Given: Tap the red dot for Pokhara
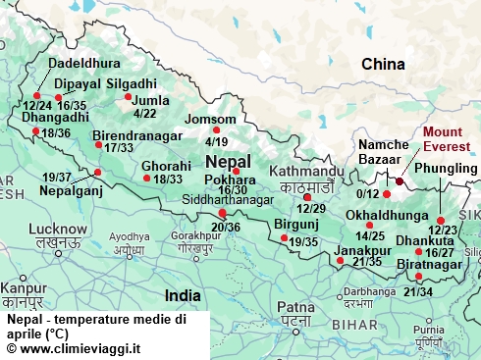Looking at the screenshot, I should pos(236,173).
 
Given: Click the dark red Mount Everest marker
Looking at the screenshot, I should pos(400,181).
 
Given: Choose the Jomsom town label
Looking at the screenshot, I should pos(211,119).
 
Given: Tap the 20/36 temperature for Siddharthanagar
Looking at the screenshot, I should pos(225,228).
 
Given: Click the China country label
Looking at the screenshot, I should pos(383,65).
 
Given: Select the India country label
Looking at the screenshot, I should pos(183,294).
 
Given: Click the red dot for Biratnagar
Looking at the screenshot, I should pos(419,276).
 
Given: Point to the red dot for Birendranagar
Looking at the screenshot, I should pos(98,145).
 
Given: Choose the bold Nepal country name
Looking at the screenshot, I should pos(228,161).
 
